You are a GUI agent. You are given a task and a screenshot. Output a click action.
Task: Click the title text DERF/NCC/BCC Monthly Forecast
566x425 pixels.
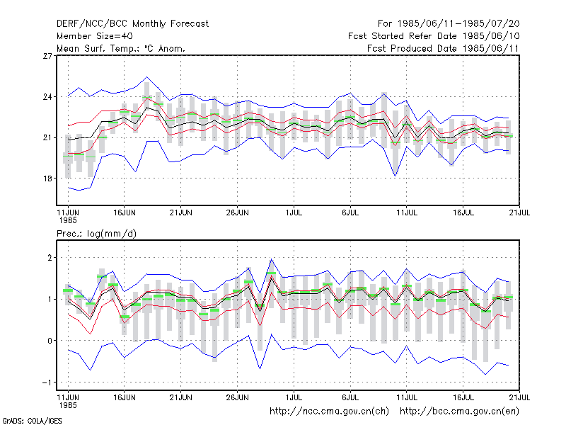(x=132, y=24)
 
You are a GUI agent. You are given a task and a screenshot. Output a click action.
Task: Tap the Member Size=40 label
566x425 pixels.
(x=95, y=36)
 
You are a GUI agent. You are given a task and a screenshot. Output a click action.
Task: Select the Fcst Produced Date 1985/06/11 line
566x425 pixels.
(x=443, y=48)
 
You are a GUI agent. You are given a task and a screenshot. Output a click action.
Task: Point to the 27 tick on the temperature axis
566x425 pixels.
(x=47, y=56)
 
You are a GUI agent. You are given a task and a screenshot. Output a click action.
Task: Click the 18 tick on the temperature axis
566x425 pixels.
(x=47, y=178)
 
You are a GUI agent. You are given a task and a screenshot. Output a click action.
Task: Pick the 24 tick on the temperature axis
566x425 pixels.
(x=47, y=97)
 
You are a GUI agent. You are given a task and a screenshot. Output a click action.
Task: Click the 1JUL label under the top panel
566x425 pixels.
(x=294, y=212)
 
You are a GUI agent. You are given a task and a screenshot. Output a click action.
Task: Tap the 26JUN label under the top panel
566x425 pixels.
(x=237, y=212)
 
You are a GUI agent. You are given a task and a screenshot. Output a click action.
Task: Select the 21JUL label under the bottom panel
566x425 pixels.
(x=519, y=397)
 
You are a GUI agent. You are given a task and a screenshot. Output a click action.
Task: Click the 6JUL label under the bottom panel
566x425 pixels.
(x=350, y=397)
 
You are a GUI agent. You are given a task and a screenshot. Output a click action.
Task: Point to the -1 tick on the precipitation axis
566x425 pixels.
(x=47, y=382)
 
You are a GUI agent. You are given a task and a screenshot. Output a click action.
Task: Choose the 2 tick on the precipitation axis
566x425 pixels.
(x=50, y=258)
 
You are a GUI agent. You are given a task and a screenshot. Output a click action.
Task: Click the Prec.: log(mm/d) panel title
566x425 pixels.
(x=96, y=234)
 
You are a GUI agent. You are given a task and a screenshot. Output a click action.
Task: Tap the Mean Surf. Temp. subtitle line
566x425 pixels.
(x=120, y=48)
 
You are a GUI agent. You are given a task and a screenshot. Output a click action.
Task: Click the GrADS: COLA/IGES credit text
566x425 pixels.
(x=33, y=421)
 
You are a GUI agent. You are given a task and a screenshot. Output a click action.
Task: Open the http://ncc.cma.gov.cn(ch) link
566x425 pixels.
(x=329, y=412)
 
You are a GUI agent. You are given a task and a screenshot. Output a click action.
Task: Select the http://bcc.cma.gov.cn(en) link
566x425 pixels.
(x=459, y=412)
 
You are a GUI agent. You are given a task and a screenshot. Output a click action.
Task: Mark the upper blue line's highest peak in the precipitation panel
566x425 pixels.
(x=272, y=259)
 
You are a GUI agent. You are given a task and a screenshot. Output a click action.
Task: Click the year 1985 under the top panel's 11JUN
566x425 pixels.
(x=68, y=220)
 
